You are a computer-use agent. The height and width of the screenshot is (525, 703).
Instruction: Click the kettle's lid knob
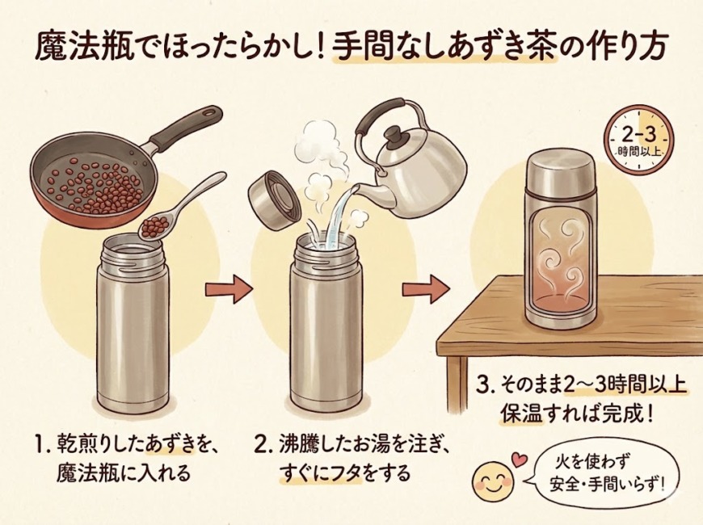[x=394, y=134]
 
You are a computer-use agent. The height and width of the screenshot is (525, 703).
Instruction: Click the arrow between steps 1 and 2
[x=229, y=290]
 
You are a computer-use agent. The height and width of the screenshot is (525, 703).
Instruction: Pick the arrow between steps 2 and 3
[x=425, y=290]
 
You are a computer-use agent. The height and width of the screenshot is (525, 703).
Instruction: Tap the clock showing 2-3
[x=639, y=140]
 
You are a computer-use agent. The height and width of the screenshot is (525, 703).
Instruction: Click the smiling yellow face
[x=492, y=481]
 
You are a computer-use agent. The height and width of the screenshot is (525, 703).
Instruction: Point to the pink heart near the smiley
[x=520, y=460]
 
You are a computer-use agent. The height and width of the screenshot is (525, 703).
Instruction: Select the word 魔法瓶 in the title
[x=85, y=47]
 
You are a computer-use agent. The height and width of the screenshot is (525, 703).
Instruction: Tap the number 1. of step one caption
[x=43, y=444]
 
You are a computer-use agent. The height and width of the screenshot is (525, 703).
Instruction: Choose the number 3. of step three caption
[x=484, y=385]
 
